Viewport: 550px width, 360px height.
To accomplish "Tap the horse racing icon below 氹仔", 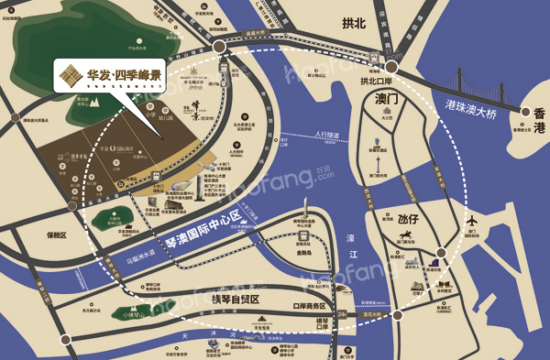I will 405,240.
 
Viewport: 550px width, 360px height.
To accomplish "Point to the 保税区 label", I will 57,235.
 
